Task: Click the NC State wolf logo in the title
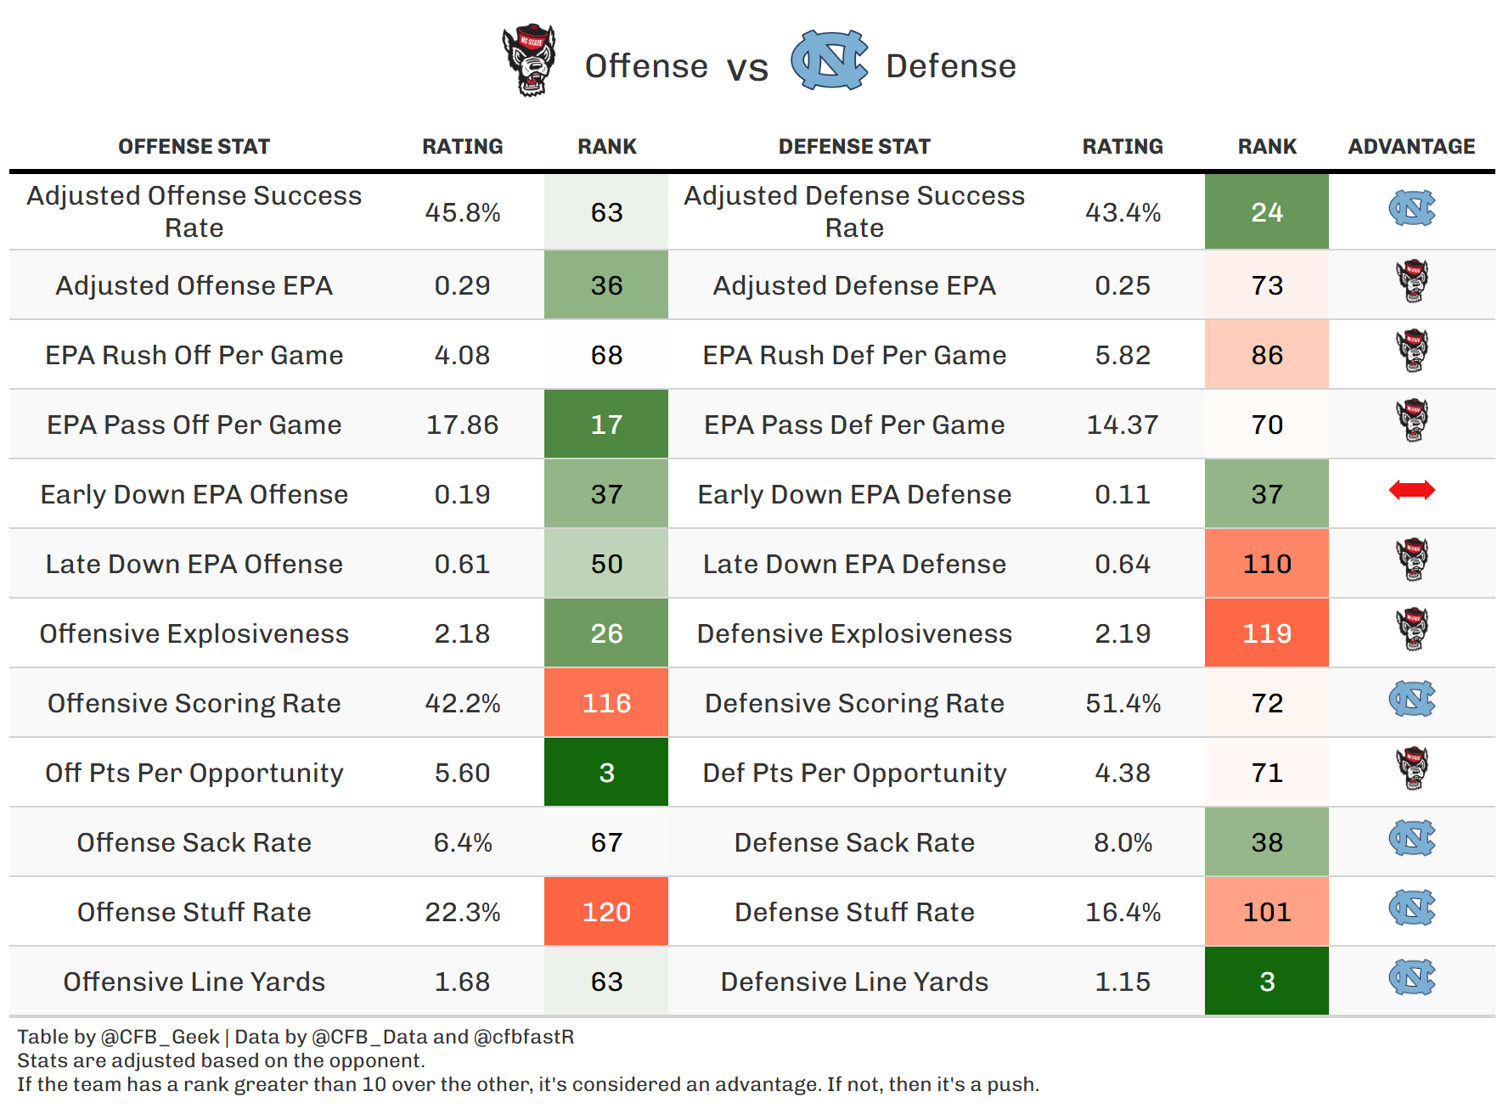coord(529,60)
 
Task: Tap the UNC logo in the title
coord(829,60)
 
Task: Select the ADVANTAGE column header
coord(1411,147)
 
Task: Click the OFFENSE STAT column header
coord(194,147)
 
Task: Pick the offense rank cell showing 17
coord(606,425)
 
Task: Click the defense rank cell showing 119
coord(1266,633)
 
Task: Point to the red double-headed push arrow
coord(1411,490)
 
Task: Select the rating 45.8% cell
coord(462,212)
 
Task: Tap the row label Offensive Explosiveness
coord(194,633)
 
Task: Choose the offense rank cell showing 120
coord(606,912)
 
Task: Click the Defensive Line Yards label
coord(854,982)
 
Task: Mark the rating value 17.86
coord(462,425)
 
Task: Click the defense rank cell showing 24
coord(1266,212)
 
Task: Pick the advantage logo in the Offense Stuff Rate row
coord(1411,908)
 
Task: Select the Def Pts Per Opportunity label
coord(854,773)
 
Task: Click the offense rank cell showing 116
coord(606,703)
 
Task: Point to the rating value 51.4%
coord(1123,703)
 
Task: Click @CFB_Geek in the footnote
coord(160,1037)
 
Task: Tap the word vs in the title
coord(747,68)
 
